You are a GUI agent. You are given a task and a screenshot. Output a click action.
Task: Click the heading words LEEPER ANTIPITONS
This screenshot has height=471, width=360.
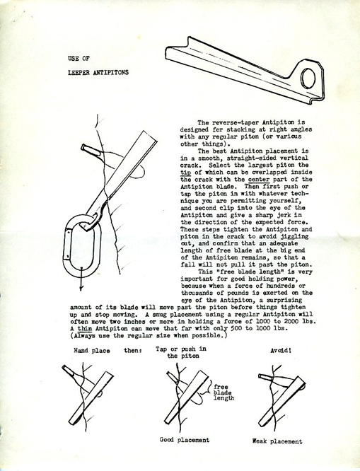[x=98, y=72]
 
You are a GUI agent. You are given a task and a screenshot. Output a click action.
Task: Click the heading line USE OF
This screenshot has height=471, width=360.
[x=79, y=58]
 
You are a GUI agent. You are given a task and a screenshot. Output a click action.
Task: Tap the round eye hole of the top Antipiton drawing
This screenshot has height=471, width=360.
[x=308, y=78]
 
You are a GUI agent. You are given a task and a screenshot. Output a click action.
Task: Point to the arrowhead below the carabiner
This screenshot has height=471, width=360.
[x=81, y=288]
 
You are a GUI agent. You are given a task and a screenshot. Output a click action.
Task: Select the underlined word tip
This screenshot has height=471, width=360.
[x=186, y=173]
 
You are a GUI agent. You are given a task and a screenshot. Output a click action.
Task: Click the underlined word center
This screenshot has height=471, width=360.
[x=259, y=180]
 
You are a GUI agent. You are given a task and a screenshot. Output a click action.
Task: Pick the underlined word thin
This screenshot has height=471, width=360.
[x=85, y=328]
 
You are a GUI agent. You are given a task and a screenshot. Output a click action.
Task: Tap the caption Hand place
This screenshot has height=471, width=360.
[x=92, y=351]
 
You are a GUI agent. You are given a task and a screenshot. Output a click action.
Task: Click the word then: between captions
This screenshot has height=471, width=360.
[x=133, y=350]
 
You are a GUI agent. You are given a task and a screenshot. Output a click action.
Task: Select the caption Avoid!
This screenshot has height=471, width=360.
[x=281, y=350]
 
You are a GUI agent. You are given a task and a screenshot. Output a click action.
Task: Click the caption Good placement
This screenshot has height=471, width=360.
[x=184, y=440]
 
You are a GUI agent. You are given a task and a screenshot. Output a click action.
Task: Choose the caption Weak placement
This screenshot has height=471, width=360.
[x=277, y=441]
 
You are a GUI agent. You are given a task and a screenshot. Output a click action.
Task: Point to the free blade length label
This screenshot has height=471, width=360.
[x=224, y=392]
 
